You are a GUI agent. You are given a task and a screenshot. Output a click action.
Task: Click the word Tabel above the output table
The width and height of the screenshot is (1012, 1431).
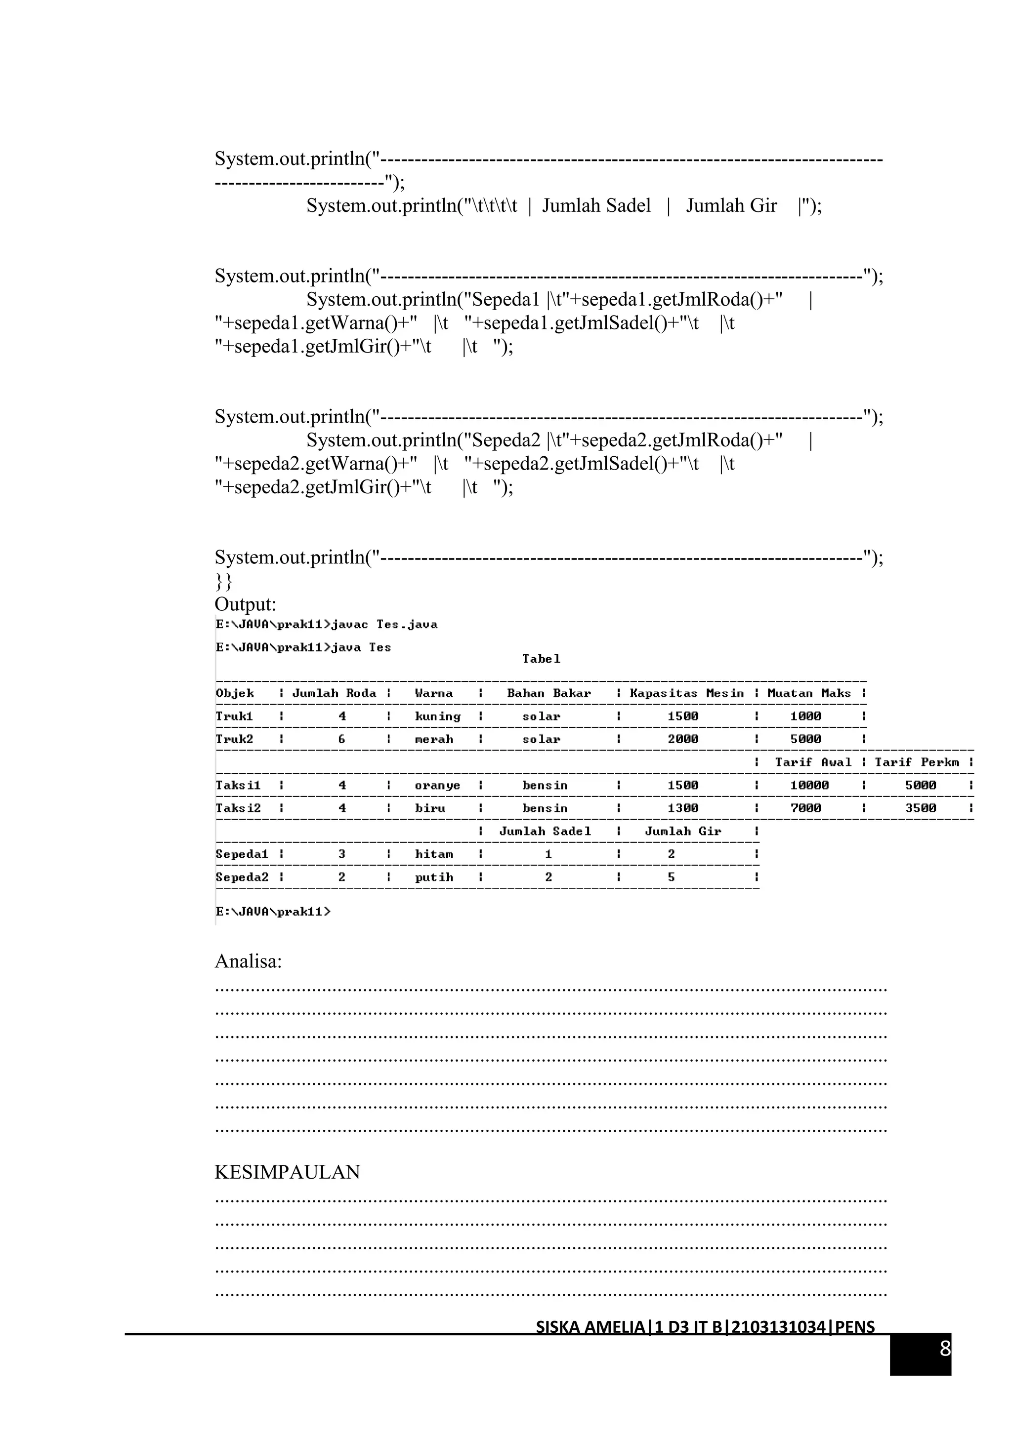(541, 659)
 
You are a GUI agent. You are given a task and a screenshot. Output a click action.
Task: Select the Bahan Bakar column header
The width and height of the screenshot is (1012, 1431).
(548, 694)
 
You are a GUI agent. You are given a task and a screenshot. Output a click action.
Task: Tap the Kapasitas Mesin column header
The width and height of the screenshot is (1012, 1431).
(686, 694)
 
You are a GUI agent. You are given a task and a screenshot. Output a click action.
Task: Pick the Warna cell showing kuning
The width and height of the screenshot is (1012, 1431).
(437, 717)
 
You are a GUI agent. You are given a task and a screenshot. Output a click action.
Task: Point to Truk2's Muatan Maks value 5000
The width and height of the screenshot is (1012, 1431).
(805, 740)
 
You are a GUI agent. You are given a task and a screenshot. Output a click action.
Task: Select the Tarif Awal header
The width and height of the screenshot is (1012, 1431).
(812, 762)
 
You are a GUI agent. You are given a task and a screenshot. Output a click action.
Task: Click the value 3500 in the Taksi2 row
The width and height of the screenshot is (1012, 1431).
(921, 809)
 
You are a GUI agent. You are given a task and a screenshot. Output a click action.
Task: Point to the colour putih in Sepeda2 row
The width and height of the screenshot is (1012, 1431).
(434, 877)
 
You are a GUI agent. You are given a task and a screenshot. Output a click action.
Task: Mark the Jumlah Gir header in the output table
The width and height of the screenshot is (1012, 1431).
(683, 832)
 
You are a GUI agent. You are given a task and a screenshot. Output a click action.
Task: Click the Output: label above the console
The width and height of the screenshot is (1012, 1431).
(245, 604)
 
